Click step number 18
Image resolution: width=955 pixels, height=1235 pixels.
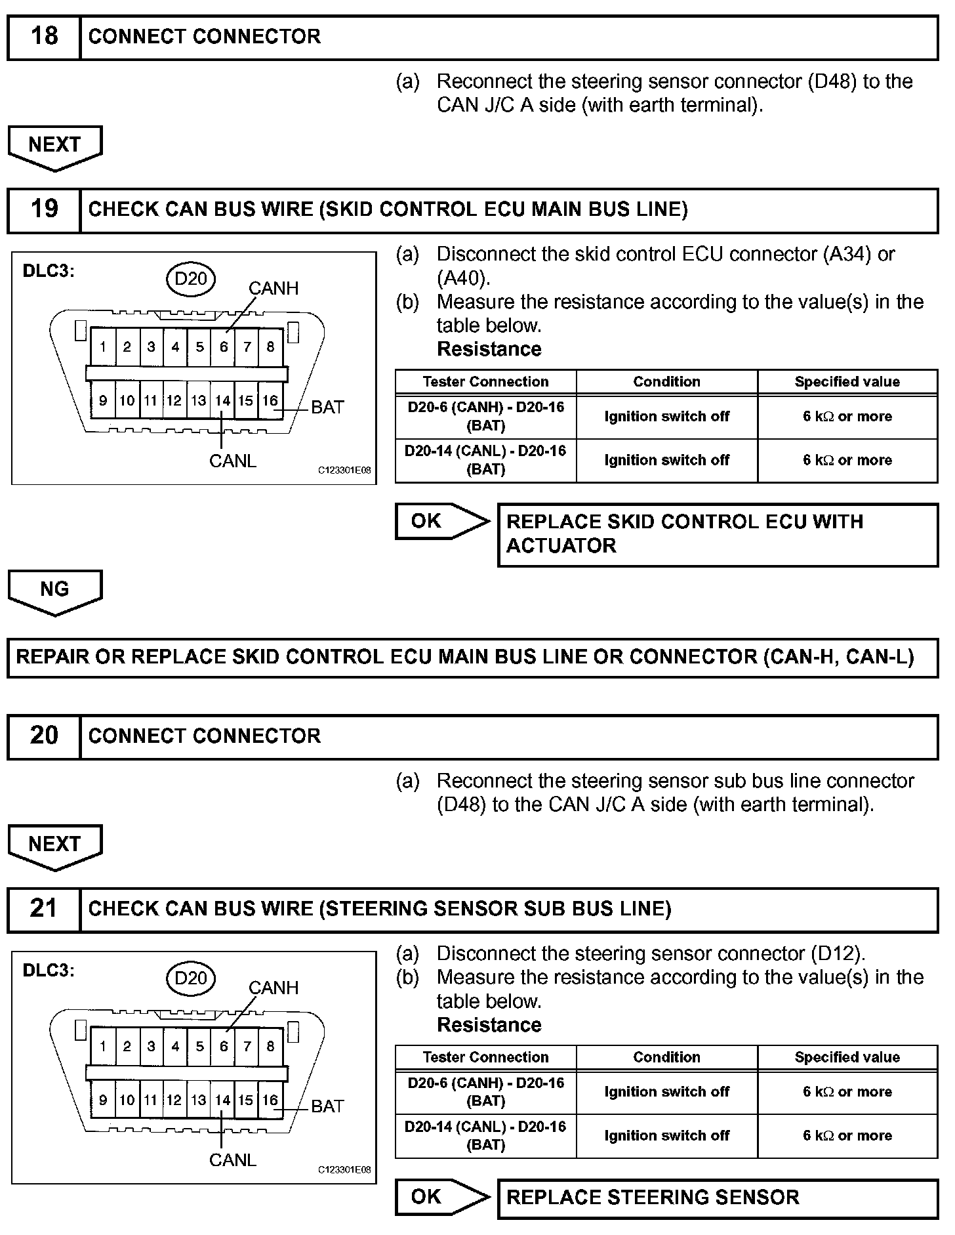44,36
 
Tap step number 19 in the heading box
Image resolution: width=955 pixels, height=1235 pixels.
44,209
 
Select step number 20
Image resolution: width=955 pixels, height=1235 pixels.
44,736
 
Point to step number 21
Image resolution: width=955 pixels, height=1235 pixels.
44,909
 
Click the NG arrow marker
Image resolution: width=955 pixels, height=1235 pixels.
54,590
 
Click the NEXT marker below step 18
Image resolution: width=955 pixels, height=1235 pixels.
54,146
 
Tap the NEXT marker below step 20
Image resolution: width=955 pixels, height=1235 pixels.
54,845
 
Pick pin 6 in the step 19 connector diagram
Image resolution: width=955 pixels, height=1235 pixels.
224,347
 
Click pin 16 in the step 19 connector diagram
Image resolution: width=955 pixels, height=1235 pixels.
270,400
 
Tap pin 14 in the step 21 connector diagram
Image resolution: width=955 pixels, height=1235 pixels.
223,1100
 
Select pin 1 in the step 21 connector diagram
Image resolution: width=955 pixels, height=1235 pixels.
103,1047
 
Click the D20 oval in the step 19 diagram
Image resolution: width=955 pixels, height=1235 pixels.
190,279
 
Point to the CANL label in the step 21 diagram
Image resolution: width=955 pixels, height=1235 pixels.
233,1160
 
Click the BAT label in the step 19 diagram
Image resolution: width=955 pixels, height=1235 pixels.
327,408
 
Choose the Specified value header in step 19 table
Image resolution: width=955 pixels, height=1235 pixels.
847,382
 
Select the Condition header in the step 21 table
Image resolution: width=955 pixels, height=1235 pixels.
666,1057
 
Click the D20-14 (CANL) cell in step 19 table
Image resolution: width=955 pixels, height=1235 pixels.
485,460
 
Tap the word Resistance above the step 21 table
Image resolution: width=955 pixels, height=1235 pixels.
489,1025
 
